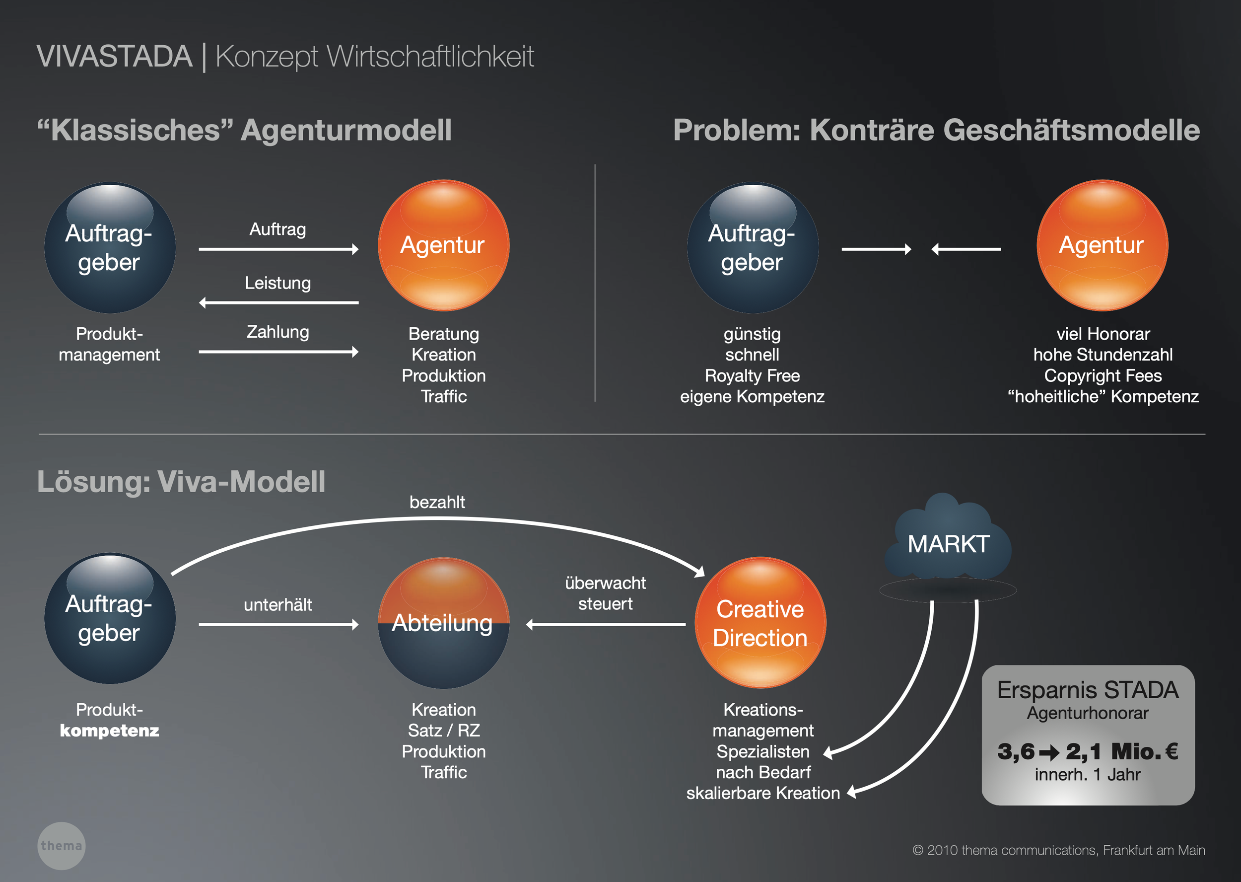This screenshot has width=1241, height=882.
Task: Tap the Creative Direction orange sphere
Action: coord(760,623)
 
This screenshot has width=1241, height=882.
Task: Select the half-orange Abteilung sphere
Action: coord(443,623)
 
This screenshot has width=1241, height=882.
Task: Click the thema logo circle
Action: coord(62,846)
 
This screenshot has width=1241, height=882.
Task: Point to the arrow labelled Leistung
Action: coord(278,302)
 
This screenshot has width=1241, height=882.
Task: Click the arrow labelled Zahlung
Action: coord(278,352)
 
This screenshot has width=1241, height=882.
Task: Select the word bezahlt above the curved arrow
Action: coord(437,502)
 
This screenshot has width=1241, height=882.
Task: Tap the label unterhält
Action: coord(277,604)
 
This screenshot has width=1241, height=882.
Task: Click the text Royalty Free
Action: coord(752,375)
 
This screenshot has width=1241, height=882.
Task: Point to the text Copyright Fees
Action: coord(1103,375)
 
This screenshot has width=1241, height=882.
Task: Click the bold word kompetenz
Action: coord(109,731)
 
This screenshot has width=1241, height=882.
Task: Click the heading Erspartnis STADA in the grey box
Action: coord(1088,690)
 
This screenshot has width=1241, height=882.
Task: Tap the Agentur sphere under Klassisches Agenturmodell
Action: coord(443,245)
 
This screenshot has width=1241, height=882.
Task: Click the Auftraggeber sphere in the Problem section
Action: coord(753,248)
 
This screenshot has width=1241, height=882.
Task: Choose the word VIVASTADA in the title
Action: coord(114,57)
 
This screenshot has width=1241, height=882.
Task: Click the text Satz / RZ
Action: coord(443,731)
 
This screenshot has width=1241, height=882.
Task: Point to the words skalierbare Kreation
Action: coord(763,793)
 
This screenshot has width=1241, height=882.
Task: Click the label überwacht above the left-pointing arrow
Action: coord(605,583)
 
